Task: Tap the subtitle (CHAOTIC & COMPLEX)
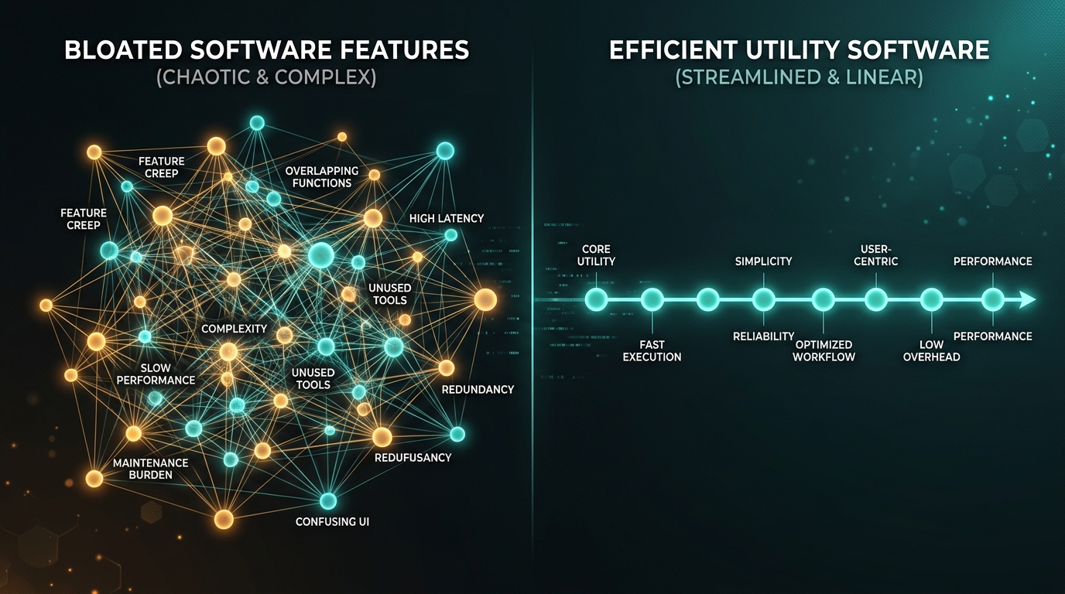coord(266,77)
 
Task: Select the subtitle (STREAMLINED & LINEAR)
coord(800,77)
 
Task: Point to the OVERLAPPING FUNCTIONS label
coord(322,177)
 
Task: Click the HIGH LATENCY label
coord(447,219)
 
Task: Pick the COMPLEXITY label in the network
coord(234,329)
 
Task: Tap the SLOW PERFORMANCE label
coord(156,374)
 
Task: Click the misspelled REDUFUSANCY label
coord(413,458)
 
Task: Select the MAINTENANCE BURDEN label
coord(151,469)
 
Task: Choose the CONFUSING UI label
coord(332,522)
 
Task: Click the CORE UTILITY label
coord(596,255)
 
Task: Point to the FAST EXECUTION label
coord(652,350)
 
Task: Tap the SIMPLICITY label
coord(764,261)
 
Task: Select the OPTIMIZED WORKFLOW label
coord(824,350)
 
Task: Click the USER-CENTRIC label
coord(876,255)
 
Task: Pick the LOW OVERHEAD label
coord(931,350)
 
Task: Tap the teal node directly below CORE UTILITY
coord(596,300)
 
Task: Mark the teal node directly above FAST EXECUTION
coord(652,300)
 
